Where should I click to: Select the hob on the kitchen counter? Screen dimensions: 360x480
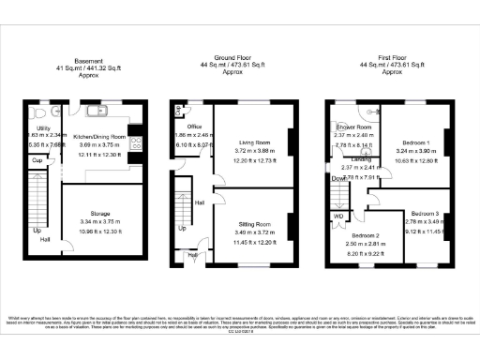[x=138, y=142]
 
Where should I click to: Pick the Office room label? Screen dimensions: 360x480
[x=195, y=126]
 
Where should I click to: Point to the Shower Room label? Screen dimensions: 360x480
[x=354, y=127]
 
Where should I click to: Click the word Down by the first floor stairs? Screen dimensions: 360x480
[x=337, y=176]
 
